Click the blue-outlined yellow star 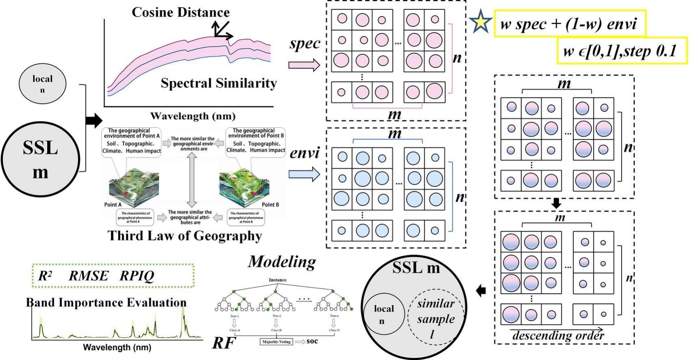pyautogui.click(x=481, y=22)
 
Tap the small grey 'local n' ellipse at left pyautogui.click(x=42, y=84)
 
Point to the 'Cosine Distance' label pyautogui.click(x=180, y=12)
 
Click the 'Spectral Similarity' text pyautogui.click(x=219, y=83)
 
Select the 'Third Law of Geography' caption pyautogui.click(x=185, y=236)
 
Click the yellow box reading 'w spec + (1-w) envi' pyautogui.click(x=569, y=24)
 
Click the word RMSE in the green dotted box pyautogui.click(x=89, y=276)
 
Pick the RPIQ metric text pyautogui.click(x=137, y=276)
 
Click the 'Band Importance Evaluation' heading pyautogui.click(x=106, y=302)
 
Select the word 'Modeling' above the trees pyautogui.click(x=282, y=261)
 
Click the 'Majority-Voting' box pyautogui.click(x=276, y=342)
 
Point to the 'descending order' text pyautogui.click(x=558, y=336)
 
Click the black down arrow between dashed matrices pyautogui.click(x=557, y=204)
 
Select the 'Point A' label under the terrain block pyautogui.click(x=113, y=205)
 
